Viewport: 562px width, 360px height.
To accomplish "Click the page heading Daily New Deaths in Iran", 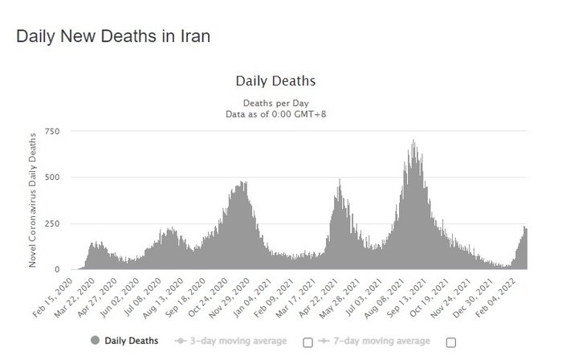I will [113, 37].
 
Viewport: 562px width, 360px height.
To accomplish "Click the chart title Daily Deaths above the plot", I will [275, 81].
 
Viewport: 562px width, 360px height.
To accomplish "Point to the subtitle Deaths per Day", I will [275, 104].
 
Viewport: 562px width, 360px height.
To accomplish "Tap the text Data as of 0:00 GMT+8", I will [275, 114].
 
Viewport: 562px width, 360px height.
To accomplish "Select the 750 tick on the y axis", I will [52, 131].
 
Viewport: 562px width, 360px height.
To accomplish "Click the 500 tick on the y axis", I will [52, 177].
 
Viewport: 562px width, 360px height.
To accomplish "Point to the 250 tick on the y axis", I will [52, 223].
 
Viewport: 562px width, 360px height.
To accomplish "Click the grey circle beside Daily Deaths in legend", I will [96, 342].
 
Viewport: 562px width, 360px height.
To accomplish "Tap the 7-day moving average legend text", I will [380, 342].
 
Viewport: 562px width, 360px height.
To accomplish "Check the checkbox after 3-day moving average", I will [307, 342].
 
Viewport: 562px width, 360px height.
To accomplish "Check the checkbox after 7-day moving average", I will [451, 342].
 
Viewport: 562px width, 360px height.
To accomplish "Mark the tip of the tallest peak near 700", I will [413, 141].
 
